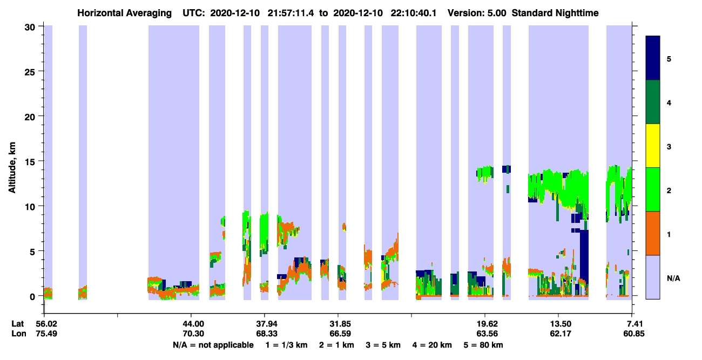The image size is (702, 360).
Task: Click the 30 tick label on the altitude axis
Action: (30, 28)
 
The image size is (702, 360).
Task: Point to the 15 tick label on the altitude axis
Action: (30, 161)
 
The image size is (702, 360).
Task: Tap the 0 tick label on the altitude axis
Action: (32, 296)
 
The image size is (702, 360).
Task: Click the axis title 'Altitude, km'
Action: (12, 168)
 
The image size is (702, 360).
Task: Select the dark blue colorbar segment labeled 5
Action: (652, 58)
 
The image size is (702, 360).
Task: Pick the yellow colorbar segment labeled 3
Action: (652, 146)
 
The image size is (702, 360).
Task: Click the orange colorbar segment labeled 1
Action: (652, 233)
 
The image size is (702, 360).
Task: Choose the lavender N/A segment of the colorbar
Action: (652, 277)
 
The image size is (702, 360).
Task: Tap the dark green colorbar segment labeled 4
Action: (652, 102)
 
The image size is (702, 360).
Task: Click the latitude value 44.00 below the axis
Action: (193, 324)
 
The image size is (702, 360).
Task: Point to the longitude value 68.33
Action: (267, 334)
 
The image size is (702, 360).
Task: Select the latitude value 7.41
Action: (634, 324)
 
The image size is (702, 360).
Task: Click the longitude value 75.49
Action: (46, 334)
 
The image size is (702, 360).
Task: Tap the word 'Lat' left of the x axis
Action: (17, 324)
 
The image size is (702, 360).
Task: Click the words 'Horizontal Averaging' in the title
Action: (124, 13)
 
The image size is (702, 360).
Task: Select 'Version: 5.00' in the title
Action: (477, 13)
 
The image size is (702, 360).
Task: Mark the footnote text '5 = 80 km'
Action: (483, 345)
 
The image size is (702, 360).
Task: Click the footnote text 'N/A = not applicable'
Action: (213, 345)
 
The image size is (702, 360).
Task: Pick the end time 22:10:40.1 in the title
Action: (413, 13)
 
